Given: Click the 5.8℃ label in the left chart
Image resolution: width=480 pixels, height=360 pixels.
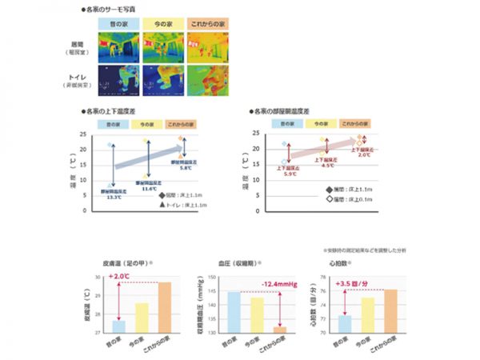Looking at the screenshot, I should click(x=184, y=168).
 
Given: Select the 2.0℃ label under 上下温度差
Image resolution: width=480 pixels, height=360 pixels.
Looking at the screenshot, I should click(x=364, y=154).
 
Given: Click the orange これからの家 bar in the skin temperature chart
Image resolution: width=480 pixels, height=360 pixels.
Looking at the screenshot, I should click(x=164, y=307).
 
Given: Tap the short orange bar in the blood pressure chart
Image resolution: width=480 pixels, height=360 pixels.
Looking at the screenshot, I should click(x=279, y=329).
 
